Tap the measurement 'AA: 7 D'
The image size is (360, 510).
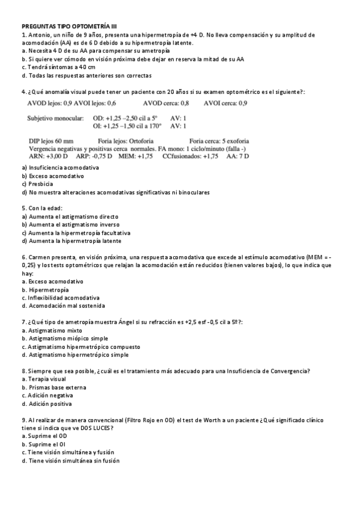(x=238, y=156)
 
